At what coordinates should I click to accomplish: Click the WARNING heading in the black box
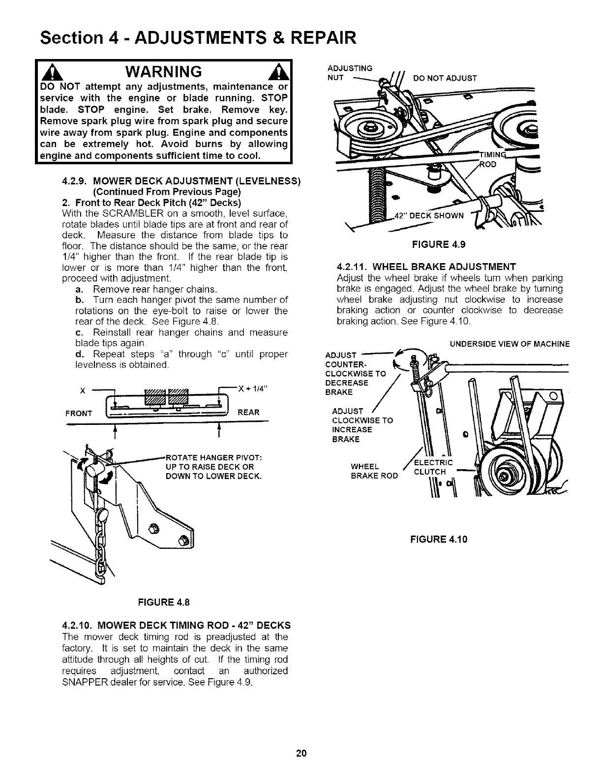pos(164,72)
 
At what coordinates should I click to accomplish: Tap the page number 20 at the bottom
pos(301,753)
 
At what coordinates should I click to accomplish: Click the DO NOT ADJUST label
pos(445,78)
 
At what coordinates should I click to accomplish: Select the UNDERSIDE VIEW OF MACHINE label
pos(510,344)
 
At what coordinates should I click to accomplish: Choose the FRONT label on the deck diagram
pos(79,413)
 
